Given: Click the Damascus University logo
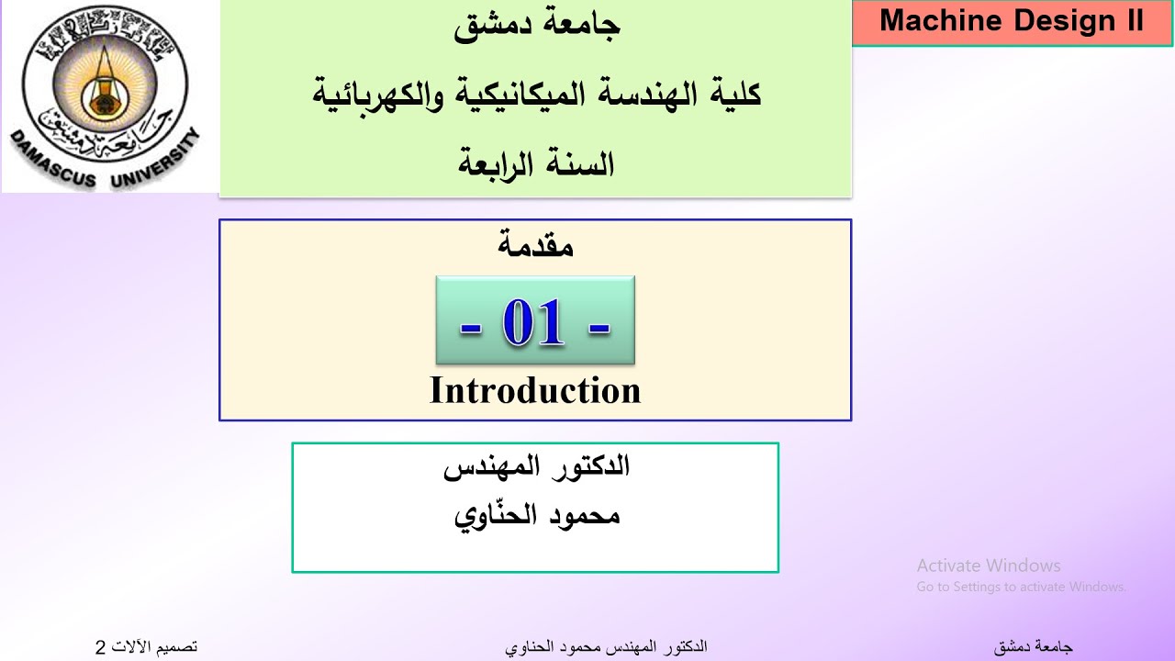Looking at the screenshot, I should (110, 95).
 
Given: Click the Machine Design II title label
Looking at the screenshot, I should (1012, 22).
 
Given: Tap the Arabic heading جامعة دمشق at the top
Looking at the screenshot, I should (537, 26).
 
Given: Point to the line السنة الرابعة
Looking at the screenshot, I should (536, 164).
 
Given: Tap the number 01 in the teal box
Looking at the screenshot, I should (532, 323).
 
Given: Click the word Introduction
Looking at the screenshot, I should (535, 390).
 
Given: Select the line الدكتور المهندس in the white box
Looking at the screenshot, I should (536, 466).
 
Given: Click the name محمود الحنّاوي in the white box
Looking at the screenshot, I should (537, 515).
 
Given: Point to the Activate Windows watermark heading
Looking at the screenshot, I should (988, 566).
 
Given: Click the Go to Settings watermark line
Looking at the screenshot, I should (1021, 587).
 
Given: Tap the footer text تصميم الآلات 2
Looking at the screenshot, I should (146, 647).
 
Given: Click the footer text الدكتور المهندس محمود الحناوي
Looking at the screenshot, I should (606, 647).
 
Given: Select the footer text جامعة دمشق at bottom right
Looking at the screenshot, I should (1033, 647).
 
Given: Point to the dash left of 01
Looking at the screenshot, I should (471, 327).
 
